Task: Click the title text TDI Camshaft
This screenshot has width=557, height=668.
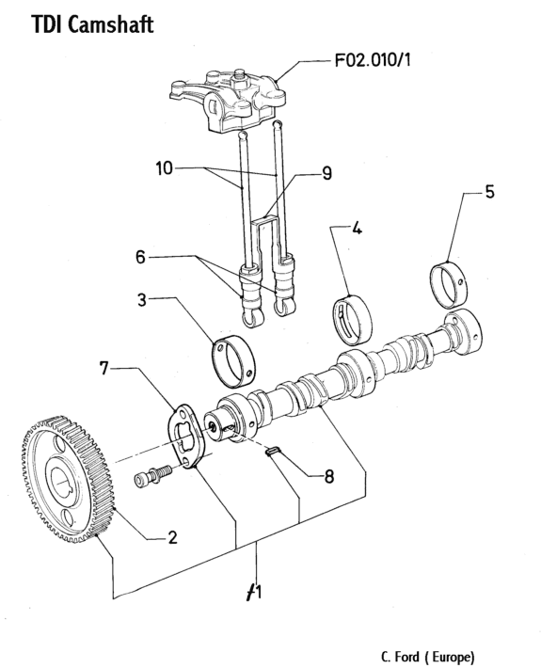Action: click(x=92, y=24)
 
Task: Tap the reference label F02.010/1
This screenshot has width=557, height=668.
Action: click(x=373, y=60)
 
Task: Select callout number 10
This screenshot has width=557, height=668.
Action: click(x=164, y=168)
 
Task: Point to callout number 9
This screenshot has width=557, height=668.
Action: click(x=326, y=173)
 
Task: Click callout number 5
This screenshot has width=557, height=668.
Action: click(x=489, y=192)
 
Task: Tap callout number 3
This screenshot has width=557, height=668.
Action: click(x=142, y=300)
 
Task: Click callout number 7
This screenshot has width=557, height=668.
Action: click(x=104, y=368)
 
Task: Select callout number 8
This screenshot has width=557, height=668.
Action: click(x=329, y=477)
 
